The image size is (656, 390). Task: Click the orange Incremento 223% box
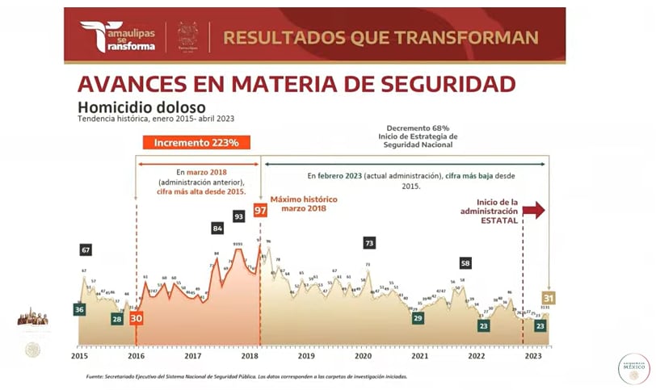pos(196,143)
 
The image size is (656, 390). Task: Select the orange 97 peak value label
pos(260,211)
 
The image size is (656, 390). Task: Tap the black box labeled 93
pos(239,216)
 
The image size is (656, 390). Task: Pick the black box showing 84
pos(217,229)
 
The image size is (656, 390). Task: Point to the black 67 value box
pos(86,250)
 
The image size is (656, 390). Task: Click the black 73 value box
pos(369,242)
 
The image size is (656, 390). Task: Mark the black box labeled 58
pos(465,262)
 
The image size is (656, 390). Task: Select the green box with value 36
pos(79,309)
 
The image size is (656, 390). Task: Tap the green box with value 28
pos(117,319)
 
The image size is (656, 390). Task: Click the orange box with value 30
pos(136,319)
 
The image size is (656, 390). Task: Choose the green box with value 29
pos(418,318)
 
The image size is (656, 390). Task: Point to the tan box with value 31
pos(549,298)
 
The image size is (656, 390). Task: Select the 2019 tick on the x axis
pos(306,355)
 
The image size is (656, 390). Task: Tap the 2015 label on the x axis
pos(79,355)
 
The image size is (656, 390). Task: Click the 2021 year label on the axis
pos(420,355)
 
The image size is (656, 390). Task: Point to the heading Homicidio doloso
pos(141,107)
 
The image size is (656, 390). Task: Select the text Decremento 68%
pos(418,128)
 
